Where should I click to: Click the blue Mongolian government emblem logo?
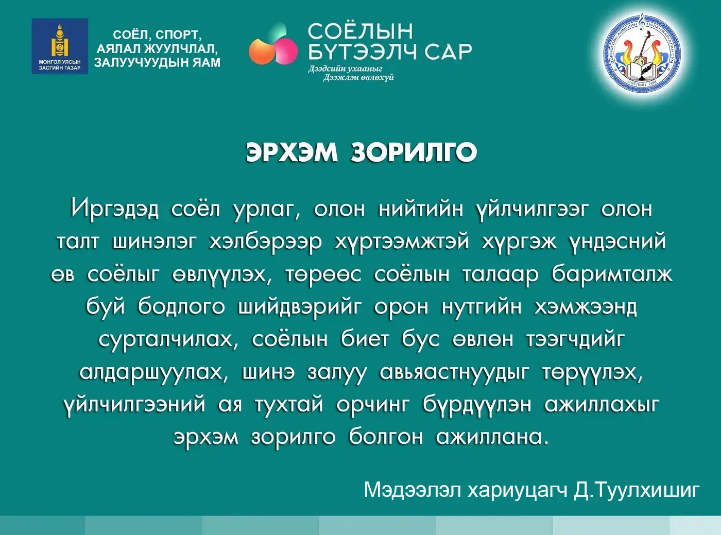pyautogui.click(x=60, y=46)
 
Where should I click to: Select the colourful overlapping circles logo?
pyautogui.click(x=273, y=45)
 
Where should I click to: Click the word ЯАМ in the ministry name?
pyautogui.click(x=205, y=63)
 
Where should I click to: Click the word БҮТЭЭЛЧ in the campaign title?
pyautogui.click(x=363, y=51)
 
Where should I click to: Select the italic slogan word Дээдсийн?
pyautogui.click(x=327, y=68)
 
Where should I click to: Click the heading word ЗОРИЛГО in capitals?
pyautogui.click(x=414, y=152)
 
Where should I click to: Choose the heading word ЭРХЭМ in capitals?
pyautogui.click(x=291, y=152)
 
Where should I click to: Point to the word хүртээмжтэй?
pyautogui.click(x=402, y=241)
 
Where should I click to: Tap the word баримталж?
pyautogui.click(x=612, y=274)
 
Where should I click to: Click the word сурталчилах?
pyautogui.click(x=168, y=340)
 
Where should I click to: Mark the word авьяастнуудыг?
pyautogui.click(x=454, y=372)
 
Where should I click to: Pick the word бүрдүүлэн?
pyautogui.click(x=477, y=405)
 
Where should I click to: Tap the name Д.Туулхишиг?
pyautogui.click(x=637, y=490)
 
